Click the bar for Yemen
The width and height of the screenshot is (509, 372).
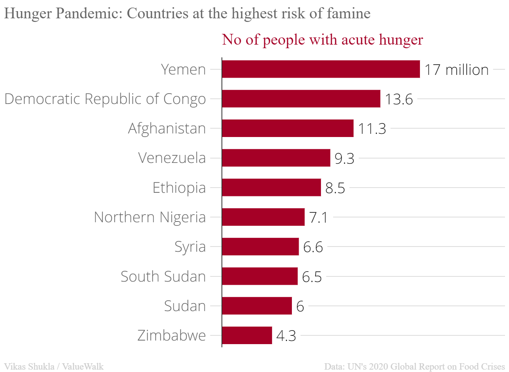(321, 69)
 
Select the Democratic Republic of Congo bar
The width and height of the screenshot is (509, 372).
(301, 99)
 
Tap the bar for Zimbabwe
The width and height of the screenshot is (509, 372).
(247, 335)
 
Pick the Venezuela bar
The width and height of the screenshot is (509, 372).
(276, 158)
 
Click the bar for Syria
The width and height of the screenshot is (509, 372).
(260, 247)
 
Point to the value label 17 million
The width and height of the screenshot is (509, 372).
(456, 70)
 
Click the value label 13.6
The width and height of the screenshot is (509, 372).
(398, 99)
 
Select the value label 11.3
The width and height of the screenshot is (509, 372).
(372, 129)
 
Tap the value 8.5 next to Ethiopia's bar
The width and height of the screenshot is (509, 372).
(335, 188)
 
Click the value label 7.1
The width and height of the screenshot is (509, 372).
(318, 217)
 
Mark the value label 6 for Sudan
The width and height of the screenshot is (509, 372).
(300, 306)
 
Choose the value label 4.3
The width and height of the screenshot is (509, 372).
(286, 336)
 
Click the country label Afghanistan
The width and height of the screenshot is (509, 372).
(167, 129)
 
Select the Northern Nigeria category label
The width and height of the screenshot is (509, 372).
(150, 217)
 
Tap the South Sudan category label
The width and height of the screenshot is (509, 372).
(163, 276)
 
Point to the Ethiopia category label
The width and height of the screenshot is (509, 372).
(179, 188)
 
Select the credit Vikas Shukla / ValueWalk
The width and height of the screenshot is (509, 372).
(54, 366)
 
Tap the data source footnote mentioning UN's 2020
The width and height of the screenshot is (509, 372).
(414, 366)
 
